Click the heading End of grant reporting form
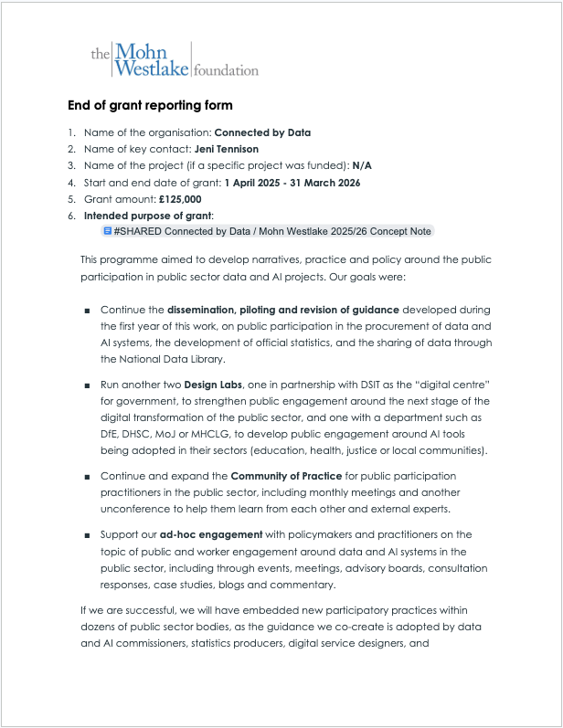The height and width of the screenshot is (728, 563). click(150, 106)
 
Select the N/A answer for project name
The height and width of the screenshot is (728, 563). click(361, 165)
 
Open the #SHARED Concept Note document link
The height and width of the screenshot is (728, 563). click(272, 232)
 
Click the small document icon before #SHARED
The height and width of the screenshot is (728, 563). click(108, 232)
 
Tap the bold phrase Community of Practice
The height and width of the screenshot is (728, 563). click(292, 476)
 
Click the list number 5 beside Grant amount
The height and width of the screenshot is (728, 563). click(71, 199)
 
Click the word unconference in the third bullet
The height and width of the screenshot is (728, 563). click(139, 509)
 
